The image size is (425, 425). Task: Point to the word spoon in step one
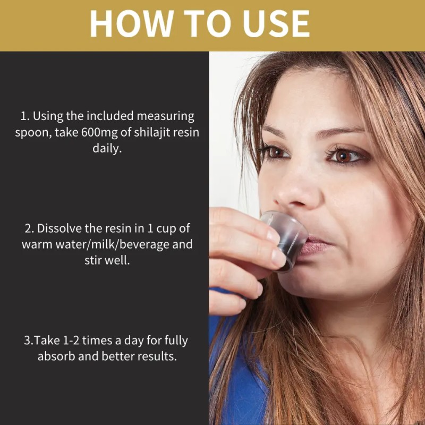click(x=32, y=132)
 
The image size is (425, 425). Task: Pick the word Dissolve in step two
click(x=57, y=229)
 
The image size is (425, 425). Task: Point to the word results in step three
click(x=157, y=356)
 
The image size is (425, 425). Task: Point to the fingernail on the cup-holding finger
click(x=278, y=258)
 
